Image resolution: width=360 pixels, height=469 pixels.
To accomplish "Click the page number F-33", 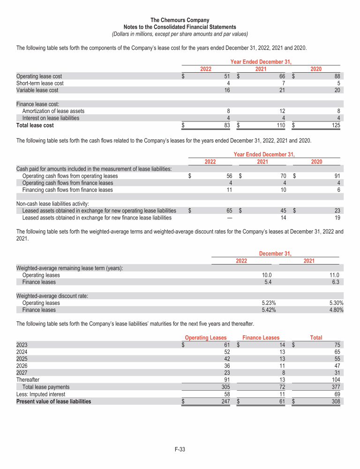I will pos(180,450).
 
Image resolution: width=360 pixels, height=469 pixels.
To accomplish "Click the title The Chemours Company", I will pos(180,20).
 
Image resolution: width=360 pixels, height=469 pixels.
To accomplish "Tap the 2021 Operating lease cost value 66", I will pos(282,76).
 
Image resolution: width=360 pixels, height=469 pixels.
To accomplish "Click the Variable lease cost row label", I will pos(37,90).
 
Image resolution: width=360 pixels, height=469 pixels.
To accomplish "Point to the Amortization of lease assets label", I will pos(53,111).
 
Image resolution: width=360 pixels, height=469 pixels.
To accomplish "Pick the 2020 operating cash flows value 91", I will pos(337,176).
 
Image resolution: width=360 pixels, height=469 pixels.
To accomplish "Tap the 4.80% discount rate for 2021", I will pos(336,310).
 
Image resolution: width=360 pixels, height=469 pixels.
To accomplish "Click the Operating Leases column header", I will pos(206,338).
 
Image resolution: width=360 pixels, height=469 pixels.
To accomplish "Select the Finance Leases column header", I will pos(261,338).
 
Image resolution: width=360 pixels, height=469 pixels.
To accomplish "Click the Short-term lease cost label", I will pos(40,83).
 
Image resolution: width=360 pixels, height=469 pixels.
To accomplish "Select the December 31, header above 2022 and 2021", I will pos(275,254).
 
